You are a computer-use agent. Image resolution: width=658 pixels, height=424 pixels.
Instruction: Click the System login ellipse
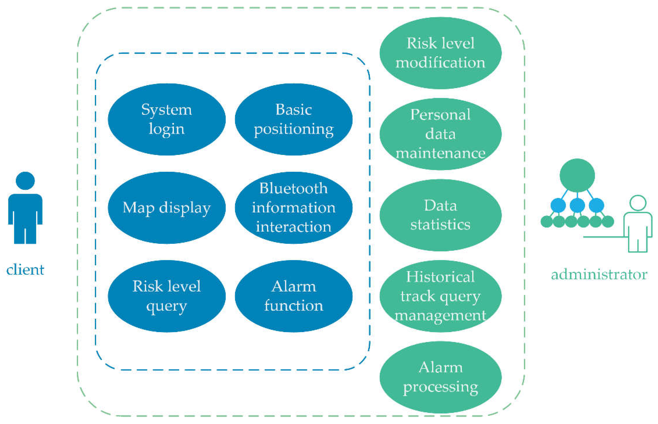(x=167, y=119)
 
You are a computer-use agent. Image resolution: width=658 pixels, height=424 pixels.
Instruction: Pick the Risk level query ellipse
(x=167, y=296)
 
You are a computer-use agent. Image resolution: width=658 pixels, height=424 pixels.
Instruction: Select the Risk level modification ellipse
(x=440, y=53)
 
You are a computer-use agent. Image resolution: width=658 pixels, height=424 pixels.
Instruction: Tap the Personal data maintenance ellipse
(x=440, y=134)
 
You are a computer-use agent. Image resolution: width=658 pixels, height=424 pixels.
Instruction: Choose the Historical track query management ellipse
(x=440, y=296)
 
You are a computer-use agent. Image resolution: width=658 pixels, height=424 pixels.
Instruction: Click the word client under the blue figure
(x=25, y=270)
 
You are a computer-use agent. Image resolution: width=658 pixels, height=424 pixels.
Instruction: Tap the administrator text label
(x=599, y=274)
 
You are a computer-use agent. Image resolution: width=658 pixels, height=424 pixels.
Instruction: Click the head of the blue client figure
(x=25, y=181)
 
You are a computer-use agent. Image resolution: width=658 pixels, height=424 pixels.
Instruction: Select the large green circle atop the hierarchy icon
(x=577, y=175)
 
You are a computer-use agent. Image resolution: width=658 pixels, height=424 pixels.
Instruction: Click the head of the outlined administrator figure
(x=638, y=203)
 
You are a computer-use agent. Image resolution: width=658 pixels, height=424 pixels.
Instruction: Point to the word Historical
(x=440, y=277)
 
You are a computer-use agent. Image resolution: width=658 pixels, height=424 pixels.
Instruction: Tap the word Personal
(x=440, y=115)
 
